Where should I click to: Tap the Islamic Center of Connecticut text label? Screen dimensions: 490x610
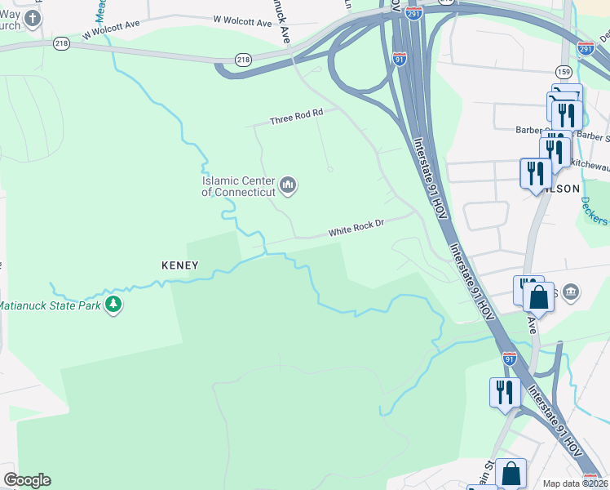(x=239, y=186)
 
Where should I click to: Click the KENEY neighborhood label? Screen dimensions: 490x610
(x=180, y=265)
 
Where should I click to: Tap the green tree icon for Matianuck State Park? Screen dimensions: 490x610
(x=113, y=305)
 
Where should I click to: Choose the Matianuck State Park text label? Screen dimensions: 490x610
(x=49, y=305)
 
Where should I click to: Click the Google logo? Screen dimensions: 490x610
(x=27, y=480)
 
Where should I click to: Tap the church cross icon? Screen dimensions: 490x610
(x=33, y=18)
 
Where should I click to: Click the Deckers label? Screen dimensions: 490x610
(x=595, y=209)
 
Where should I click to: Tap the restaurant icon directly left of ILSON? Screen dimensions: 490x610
(x=535, y=172)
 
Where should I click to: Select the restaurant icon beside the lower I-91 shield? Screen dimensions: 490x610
(x=505, y=392)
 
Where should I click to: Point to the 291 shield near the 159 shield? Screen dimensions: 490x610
(x=586, y=49)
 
